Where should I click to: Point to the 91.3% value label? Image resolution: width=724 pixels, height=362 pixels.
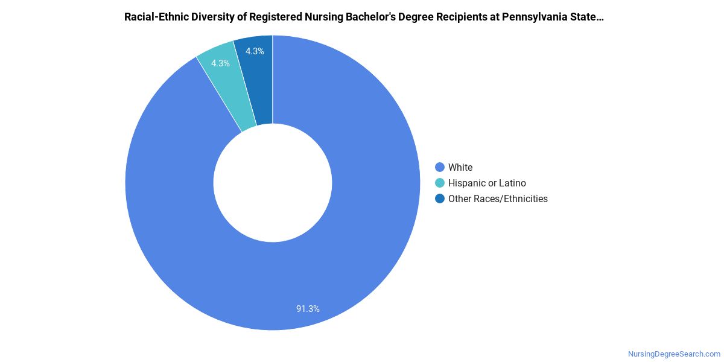click(308, 308)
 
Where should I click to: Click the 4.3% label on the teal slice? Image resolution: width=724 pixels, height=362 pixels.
click(220, 63)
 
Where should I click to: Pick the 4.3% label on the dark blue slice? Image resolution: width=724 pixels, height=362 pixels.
click(254, 51)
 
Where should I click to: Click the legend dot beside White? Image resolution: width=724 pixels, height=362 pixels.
click(440, 167)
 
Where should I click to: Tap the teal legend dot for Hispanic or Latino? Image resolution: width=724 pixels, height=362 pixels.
click(440, 183)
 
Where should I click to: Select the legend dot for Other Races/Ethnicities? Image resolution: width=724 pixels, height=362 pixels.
click(440, 198)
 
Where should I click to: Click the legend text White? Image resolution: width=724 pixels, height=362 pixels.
click(460, 167)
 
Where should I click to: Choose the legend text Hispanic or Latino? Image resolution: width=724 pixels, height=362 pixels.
click(487, 183)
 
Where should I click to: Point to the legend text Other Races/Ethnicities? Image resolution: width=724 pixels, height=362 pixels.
click(498, 198)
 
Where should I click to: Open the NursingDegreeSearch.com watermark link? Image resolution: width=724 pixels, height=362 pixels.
click(674, 354)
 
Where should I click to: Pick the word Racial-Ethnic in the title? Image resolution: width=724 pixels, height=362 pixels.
click(154, 17)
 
